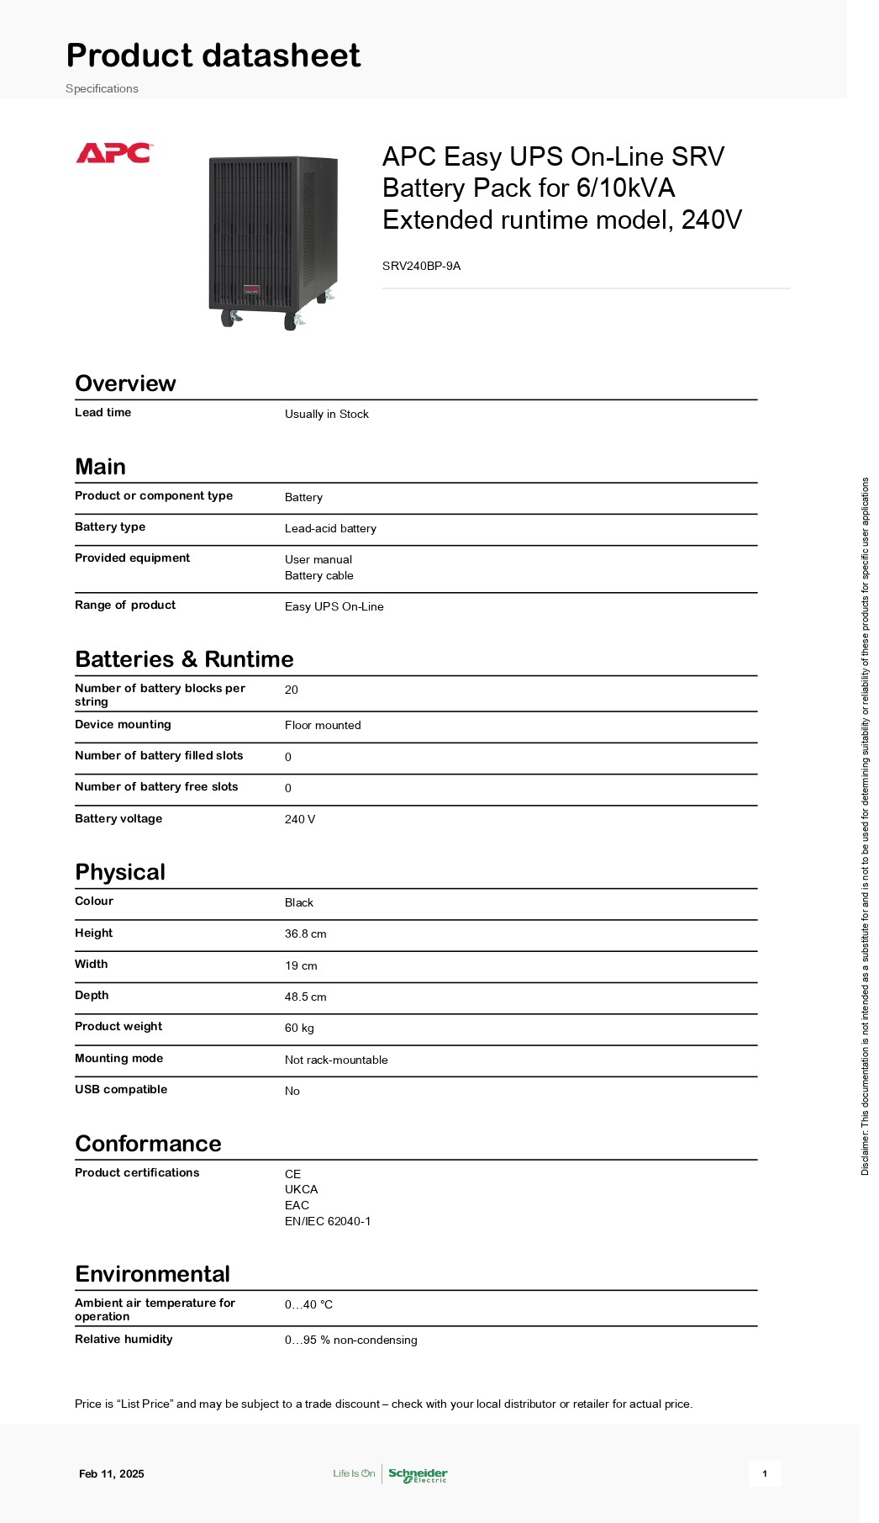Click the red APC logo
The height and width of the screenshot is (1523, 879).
click(x=113, y=153)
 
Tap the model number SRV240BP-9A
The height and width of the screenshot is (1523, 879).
click(x=421, y=266)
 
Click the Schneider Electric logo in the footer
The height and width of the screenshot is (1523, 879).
click(x=418, y=1474)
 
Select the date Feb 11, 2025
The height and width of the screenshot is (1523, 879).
click(x=112, y=1473)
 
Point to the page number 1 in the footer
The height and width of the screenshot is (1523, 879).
click(x=764, y=1473)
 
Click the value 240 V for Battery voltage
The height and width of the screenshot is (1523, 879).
click(x=300, y=819)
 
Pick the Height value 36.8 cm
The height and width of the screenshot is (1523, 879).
click(x=305, y=933)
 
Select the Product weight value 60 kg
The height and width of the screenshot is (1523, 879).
click(x=299, y=1028)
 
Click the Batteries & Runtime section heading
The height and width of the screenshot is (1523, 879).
click(x=184, y=659)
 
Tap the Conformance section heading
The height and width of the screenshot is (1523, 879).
click(x=148, y=1144)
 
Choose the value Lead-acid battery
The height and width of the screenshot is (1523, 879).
click(x=330, y=528)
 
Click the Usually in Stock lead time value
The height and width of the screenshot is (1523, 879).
click(x=326, y=414)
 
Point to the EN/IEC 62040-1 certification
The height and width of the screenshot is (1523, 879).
click(x=328, y=1221)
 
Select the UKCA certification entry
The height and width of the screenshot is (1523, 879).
click(x=301, y=1189)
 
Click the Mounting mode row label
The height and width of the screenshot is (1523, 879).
click(x=118, y=1058)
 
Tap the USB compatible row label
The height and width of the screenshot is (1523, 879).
click(x=121, y=1089)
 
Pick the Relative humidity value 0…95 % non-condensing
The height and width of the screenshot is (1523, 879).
click(x=350, y=1340)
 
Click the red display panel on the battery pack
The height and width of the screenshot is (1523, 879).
click(x=252, y=291)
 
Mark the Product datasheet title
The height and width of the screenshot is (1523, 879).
click(x=213, y=56)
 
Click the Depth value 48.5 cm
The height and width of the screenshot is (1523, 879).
click(x=305, y=997)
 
